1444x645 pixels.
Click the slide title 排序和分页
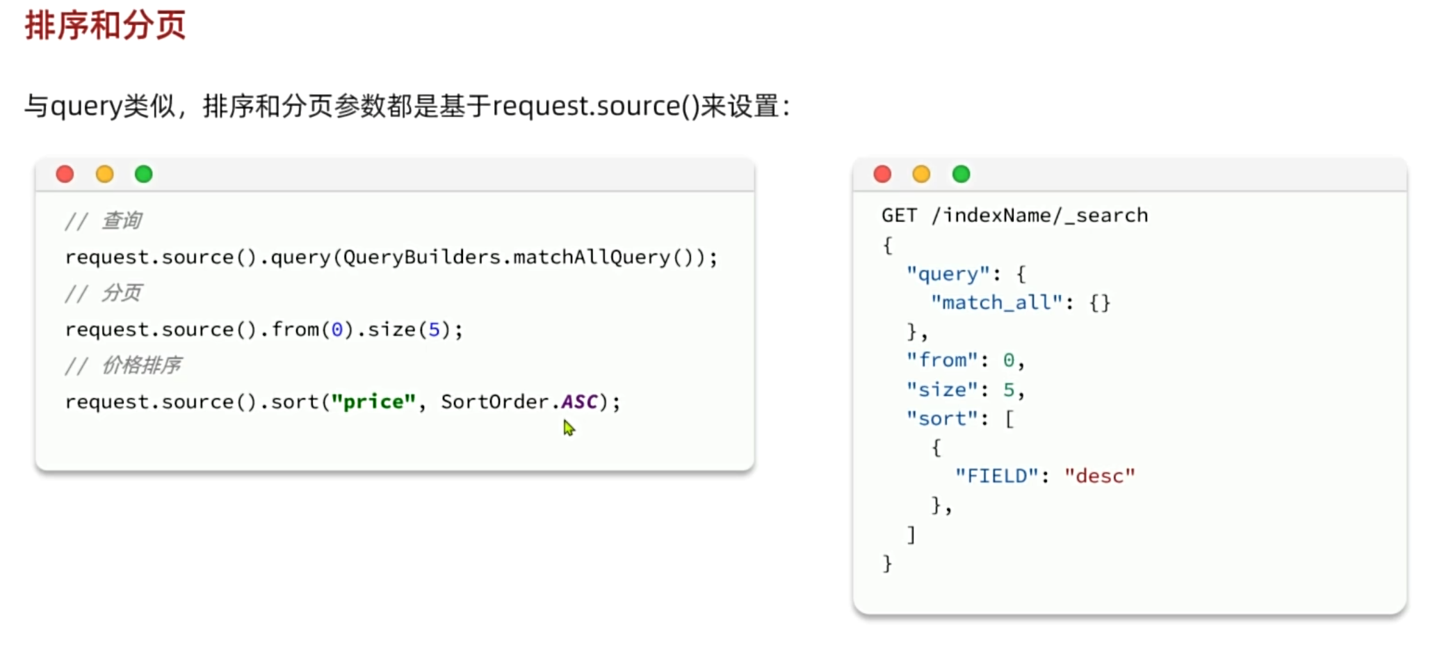point(105,26)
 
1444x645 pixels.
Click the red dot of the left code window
point(65,174)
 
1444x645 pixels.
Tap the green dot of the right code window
point(961,174)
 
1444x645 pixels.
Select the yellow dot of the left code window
point(104,174)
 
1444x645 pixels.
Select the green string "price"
point(373,402)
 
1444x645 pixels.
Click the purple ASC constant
point(579,402)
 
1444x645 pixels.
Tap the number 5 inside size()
point(434,330)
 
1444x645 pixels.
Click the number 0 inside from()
point(337,330)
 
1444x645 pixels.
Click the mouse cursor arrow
point(569,427)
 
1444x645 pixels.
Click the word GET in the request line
point(899,216)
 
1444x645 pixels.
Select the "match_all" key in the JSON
point(996,303)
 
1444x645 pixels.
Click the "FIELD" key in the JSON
point(996,477)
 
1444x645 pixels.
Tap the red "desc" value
point(1099,477)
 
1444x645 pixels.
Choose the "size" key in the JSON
point(942,390)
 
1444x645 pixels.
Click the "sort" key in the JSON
point(942,419)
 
